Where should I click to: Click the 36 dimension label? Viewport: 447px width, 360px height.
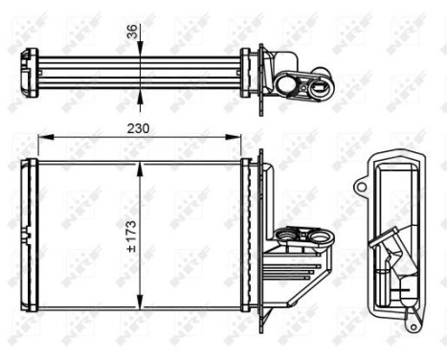coord(132,31)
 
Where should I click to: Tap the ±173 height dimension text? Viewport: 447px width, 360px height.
coord(131,236)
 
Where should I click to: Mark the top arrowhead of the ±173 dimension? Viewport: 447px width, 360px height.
coord(142,166)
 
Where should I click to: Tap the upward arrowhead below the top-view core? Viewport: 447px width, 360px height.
coord(142,94)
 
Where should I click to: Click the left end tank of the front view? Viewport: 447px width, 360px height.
coord(31,235)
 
